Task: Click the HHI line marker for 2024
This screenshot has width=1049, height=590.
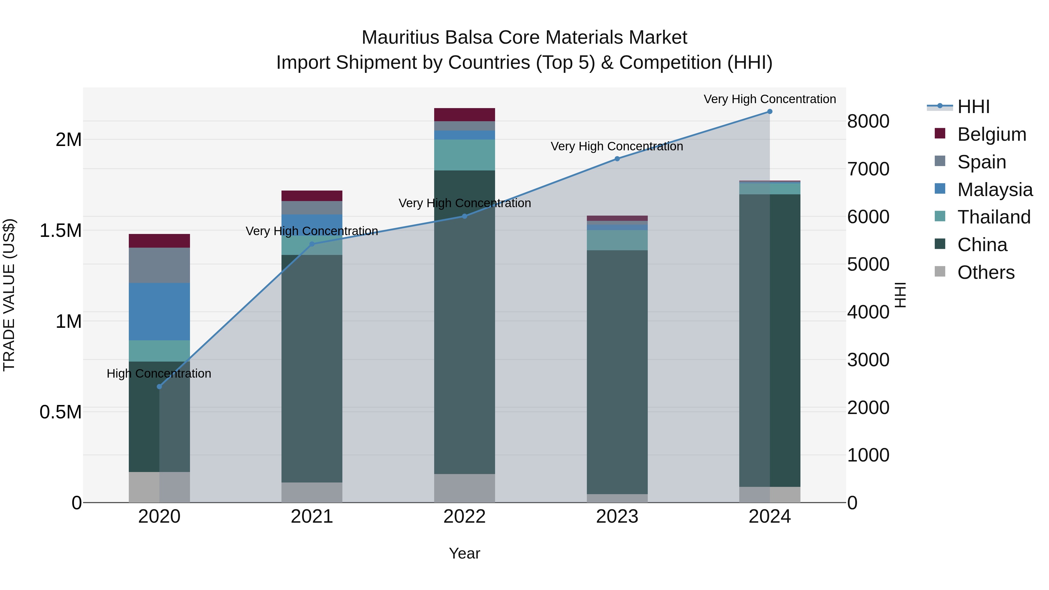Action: click(x=769, y=112)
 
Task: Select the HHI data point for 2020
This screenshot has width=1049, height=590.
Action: click(x=159, y=386)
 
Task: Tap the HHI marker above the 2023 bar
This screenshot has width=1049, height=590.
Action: click(x=617, y=159)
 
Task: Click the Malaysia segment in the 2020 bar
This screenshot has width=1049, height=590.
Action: click(x=159, y=311)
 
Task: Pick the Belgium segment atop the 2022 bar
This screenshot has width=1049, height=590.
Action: click(x=464, y=115)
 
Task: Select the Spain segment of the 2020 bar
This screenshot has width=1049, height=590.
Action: click(x=159, y=265)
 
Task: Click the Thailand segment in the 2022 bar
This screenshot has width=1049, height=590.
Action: click(x=464, y=155)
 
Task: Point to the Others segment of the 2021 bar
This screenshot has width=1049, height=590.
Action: click(x=311, y=492)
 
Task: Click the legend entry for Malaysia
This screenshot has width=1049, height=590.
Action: click(x=995, y=190)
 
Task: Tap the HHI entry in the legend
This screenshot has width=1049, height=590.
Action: click(x=973, y=107)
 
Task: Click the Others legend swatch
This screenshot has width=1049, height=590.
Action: click(x=940, y=272)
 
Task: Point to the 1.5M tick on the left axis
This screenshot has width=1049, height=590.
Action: click(x=60, y=231)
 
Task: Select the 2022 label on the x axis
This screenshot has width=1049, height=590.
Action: click(x=464, y=517)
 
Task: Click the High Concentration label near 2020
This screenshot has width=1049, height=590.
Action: click(x=159, y=374)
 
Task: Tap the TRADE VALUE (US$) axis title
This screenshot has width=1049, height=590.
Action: click(x=9, y=295)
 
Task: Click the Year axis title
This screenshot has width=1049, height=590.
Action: click(x=464, y=553)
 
